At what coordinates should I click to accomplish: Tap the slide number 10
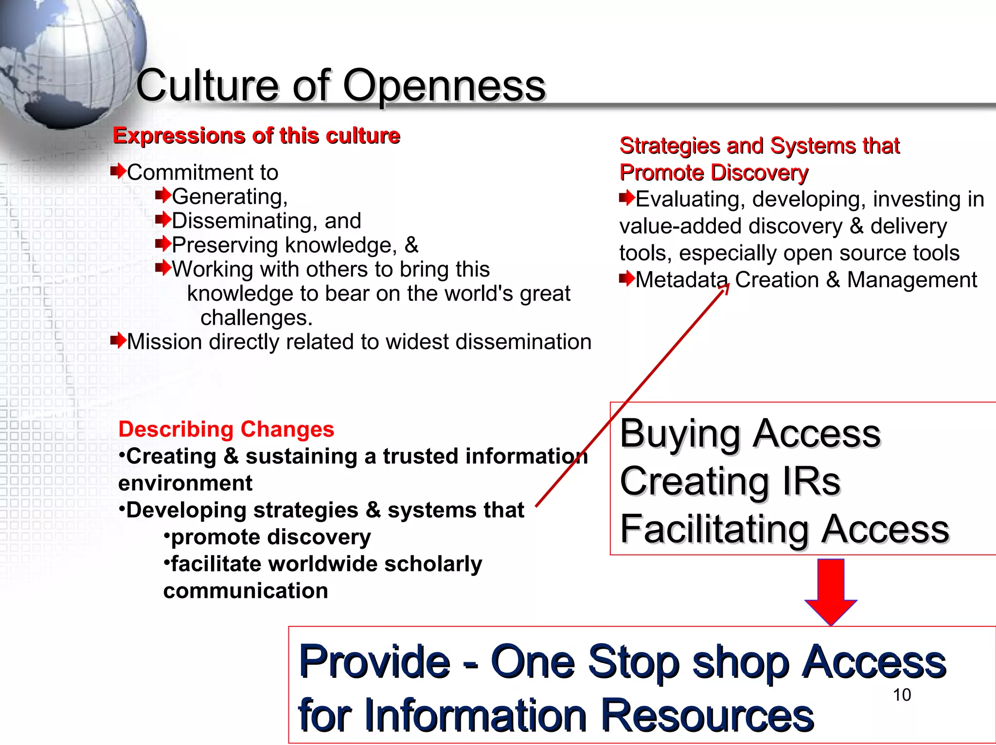click(x=902, y=695)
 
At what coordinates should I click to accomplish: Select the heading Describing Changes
click(x=226, y=429)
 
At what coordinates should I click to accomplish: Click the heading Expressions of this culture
click(x=256, y=136)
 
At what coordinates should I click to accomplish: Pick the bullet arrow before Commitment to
click(x=118, y=171)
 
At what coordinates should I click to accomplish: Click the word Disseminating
click(x=241, y=221)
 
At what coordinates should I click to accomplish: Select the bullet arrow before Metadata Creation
click(x=626, y=278)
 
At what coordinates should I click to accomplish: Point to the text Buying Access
click(x=750, y=433)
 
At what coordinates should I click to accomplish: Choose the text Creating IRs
click(x=730, y=481)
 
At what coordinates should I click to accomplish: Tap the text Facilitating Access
click(x=784, y=529)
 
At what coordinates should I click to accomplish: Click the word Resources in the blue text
click(x=707, y=715)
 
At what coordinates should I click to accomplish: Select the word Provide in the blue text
click(x=374, y=661)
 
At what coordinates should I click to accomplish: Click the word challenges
click(x=256, y=318)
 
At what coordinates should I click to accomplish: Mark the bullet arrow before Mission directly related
click(x=118, y=341)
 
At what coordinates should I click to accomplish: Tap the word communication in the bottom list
click(x=246, y=591)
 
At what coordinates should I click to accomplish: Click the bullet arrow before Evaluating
click(x=626, y=198)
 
